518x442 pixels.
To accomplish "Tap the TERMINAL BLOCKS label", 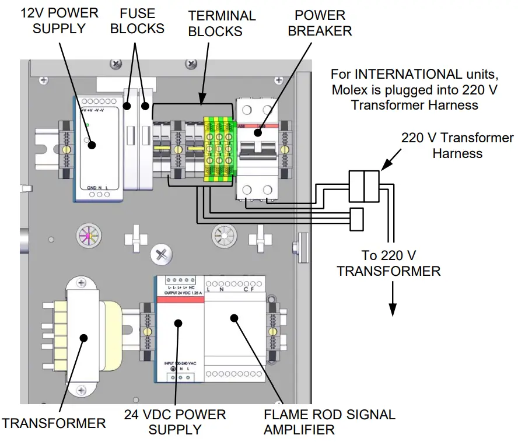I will click(221, 23).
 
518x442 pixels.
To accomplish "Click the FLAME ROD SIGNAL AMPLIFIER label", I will click(329, 422).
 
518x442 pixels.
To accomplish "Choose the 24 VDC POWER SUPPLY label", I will click(174, 422).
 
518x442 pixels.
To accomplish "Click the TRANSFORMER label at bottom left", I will click(54, 423).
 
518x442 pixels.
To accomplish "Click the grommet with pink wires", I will click(88, 237).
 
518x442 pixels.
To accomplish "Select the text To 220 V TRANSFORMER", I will click(388, 263).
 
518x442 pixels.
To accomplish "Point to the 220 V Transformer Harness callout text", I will click(457, 146).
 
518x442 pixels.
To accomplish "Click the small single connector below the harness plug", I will click(356, 218).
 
